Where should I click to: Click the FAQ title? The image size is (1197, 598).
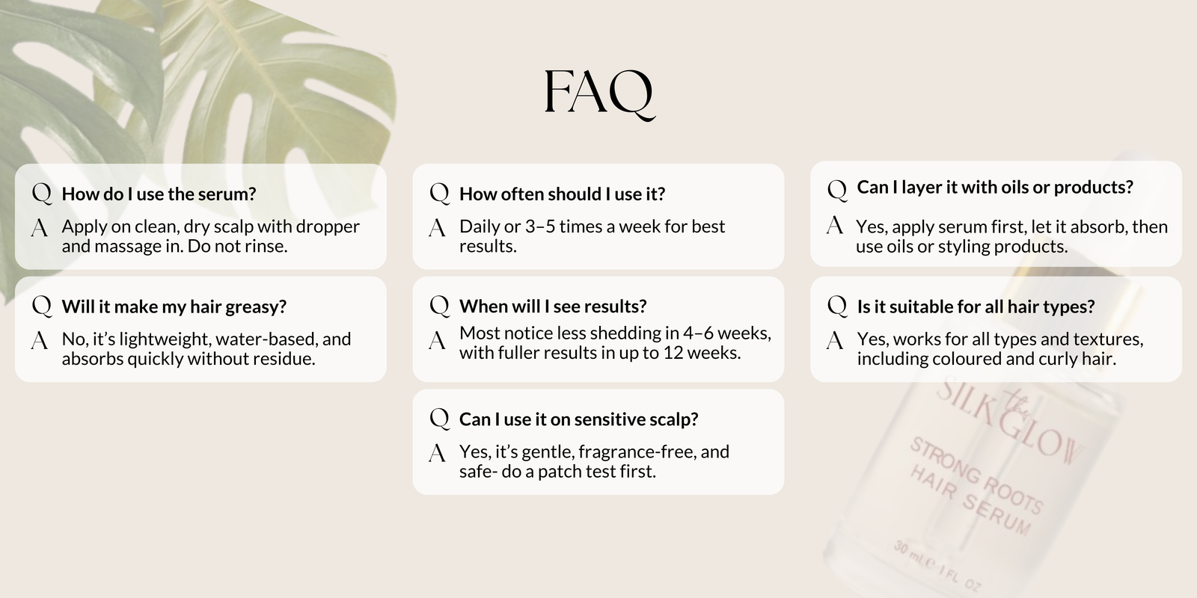(x=599, y=94)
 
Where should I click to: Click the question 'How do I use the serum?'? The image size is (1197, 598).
(x=159, y=194)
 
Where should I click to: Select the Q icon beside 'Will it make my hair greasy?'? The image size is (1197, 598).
(x=42, y=306)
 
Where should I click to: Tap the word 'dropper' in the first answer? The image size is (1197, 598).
(x=328, y=227)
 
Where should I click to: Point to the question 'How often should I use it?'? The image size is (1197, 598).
(x=562, y=194)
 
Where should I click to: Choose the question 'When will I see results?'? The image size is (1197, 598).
(x=553, y=306)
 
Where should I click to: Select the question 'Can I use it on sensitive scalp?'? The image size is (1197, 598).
(x=579, y=419)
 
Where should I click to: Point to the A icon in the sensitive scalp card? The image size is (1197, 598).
(x=437, y=453)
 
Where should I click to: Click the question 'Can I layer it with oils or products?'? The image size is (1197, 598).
(x=995, y=188)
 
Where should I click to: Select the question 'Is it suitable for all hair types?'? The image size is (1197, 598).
(x=976, y=307)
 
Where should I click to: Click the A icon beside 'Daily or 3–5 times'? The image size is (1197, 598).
(x=437, y=228)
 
